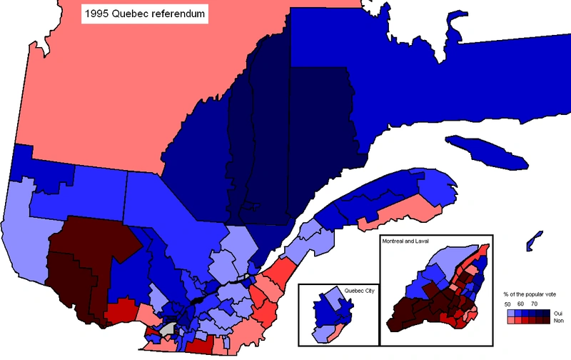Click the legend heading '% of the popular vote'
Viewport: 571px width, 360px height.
534,294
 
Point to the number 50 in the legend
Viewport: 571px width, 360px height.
508,304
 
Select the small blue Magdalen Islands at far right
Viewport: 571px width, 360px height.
532,242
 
